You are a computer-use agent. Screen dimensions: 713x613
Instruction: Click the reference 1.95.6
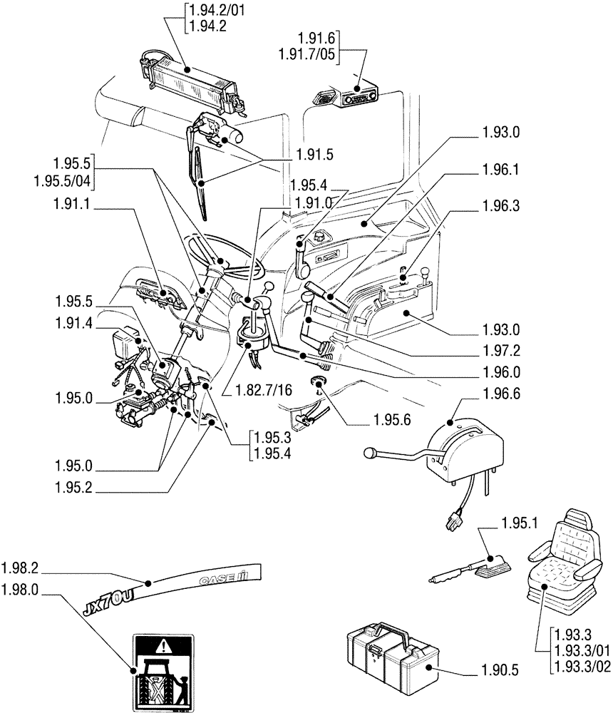392,421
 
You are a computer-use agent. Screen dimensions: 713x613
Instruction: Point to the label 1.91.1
71,204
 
